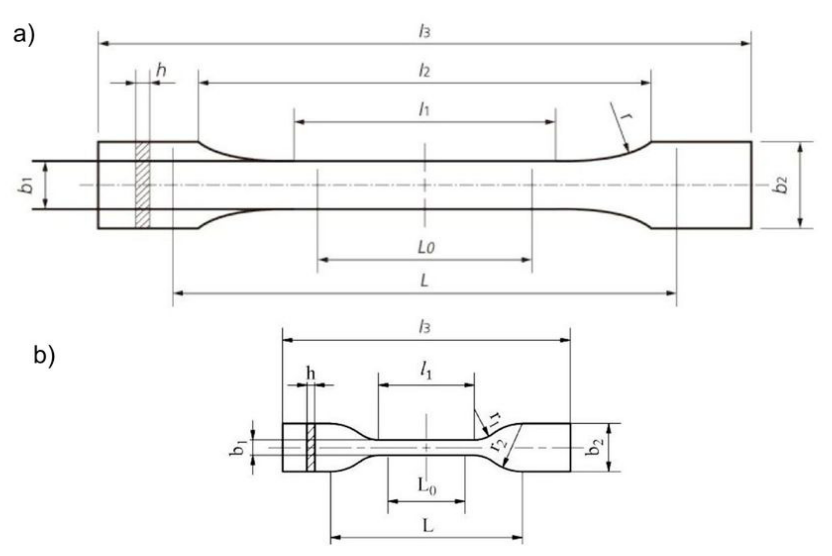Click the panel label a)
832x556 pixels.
(24, 36)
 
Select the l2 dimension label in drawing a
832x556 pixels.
(424, 71)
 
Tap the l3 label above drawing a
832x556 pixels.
(424, 32)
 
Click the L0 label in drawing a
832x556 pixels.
(426, 247)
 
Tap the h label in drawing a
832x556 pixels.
(161, 71)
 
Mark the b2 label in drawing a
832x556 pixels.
(780, 185)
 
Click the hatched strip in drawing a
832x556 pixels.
(143, 185)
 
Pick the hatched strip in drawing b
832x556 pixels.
(311, 447)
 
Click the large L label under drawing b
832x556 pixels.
(428, 526)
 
